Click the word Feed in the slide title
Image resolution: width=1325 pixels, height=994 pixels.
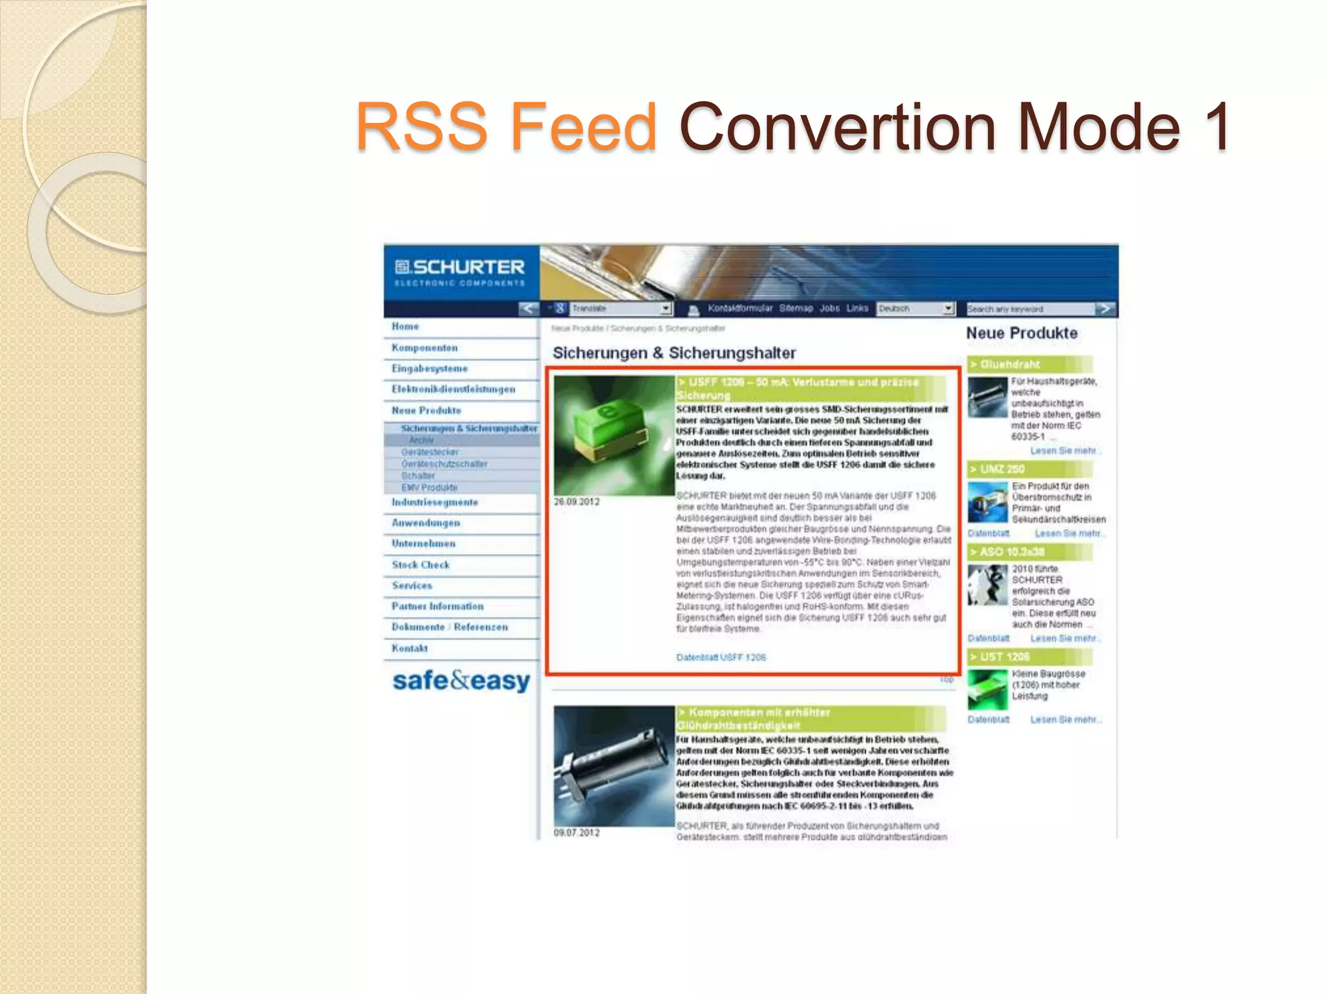tap(584, 126)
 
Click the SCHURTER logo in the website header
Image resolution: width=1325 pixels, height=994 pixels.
tap(460, 272)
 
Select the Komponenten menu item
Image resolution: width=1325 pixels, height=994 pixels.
tap(424, 348)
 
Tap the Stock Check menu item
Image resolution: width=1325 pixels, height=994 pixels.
tap(421, 565)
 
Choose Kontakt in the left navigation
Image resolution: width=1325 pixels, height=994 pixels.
tap(410, 648)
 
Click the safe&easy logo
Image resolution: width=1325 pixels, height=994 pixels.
tap(461, 681)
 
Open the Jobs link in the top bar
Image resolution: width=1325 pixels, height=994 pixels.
tap(829, 309)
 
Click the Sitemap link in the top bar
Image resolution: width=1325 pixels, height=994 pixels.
tap(796, 309)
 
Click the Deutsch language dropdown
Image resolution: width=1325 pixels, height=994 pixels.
tap(915, 309)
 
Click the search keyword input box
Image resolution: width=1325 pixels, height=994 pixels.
tap(1030, 309)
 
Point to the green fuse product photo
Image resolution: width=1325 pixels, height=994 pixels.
tap(613, 435)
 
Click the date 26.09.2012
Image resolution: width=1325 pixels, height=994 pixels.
tap(576, 502)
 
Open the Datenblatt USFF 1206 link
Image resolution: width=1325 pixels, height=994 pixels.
tap(721, 657)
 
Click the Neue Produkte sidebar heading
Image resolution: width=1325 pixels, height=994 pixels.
tap(1022, 333)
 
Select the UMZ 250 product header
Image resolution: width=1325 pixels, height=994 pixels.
tap(1002, 469)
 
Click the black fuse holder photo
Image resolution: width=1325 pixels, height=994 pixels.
tap(613, 766)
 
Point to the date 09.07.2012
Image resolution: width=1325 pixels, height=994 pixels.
tap(576, 833)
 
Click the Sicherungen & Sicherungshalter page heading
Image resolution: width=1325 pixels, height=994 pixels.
tap(674, 353)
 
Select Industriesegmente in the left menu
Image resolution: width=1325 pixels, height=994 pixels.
tap(435, 503)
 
